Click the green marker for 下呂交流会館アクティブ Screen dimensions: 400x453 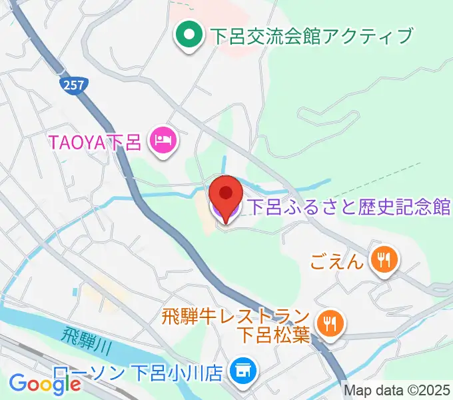click(x=189, y=34)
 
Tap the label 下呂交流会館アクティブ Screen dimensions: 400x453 click(x=311, y=35)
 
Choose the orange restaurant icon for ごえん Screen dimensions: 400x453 click(x=384, y=259)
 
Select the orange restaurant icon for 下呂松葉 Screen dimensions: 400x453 click(x=329, y=325)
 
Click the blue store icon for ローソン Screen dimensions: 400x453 click(x=241, y=370)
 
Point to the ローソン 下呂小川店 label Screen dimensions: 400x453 click(x=138, y=372)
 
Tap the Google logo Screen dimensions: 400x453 click(x=45, y=383)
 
